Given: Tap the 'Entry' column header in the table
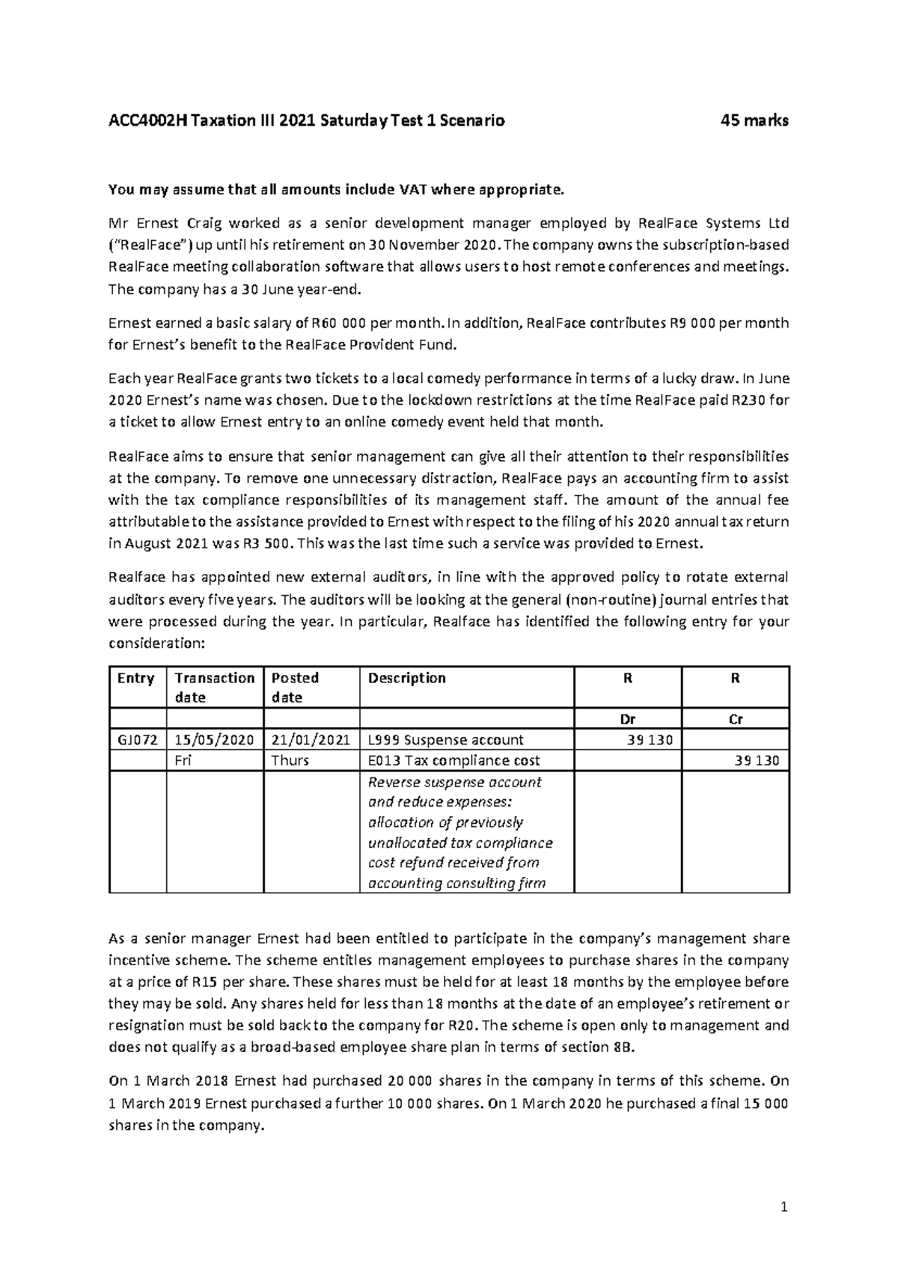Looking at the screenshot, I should click(x=135, y=678).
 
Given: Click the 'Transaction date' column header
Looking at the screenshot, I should click(x=214, y=687).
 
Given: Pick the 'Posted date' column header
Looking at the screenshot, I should click(x=295, y=687).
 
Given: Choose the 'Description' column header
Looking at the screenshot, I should click(x=407, y=678).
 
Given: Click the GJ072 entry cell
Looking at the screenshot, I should click(x=137, y=740).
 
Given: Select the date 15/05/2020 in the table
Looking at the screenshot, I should click(x=214, y=740).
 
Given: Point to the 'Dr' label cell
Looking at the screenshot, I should click(x=628, y=720).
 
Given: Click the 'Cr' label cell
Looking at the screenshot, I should click(x=736, y=720).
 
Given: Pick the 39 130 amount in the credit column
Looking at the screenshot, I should click(x=757, y=761).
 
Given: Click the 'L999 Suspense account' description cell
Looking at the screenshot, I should click(x=446, y=740).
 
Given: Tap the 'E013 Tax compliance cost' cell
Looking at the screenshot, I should click(x=453, y=761).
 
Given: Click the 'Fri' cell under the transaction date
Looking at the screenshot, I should click(x=183, y=761).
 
